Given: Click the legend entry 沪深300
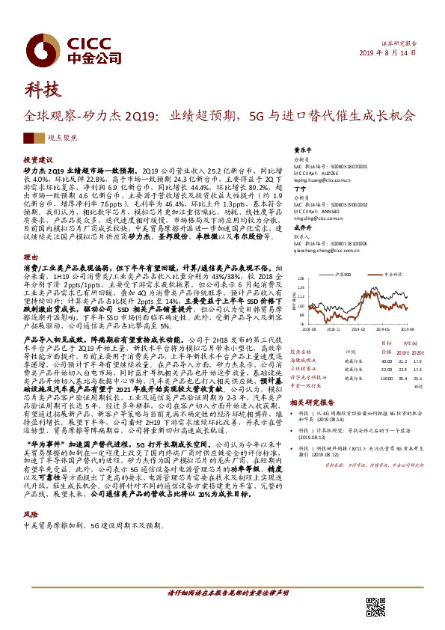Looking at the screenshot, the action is click(344, 275).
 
